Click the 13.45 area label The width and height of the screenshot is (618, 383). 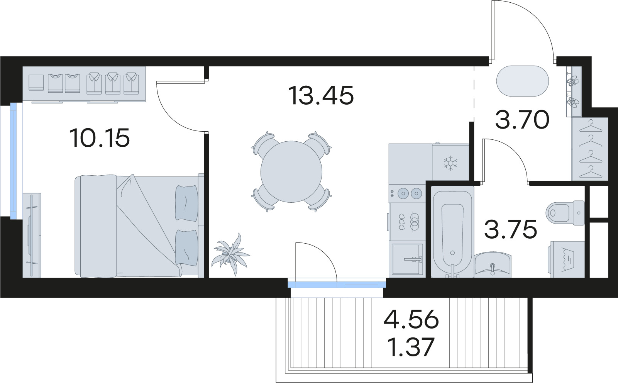click(321, 95)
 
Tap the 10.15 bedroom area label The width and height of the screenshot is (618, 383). click(100, 138)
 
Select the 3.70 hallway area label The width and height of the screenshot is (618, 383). click(522, 120)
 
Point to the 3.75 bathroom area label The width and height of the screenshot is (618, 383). click(510, 229)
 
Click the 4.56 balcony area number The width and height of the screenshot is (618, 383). click(411, 319)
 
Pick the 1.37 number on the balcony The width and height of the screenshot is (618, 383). click(411, 347)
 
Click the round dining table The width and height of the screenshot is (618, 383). click(291, 172)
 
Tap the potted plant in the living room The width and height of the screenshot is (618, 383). click(230, 254)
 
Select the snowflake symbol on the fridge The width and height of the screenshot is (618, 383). click(450, 163)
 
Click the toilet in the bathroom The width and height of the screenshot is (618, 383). click(565, 213)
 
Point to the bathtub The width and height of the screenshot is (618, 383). click(452, 232)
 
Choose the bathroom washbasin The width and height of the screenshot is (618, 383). click(493, 264)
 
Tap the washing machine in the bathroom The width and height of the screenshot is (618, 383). click(568, 259)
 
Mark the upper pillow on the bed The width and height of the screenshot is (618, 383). click(187, 203)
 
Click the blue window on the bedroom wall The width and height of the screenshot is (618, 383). click(14, 161)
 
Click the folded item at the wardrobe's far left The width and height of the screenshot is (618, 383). click(36, 83)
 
